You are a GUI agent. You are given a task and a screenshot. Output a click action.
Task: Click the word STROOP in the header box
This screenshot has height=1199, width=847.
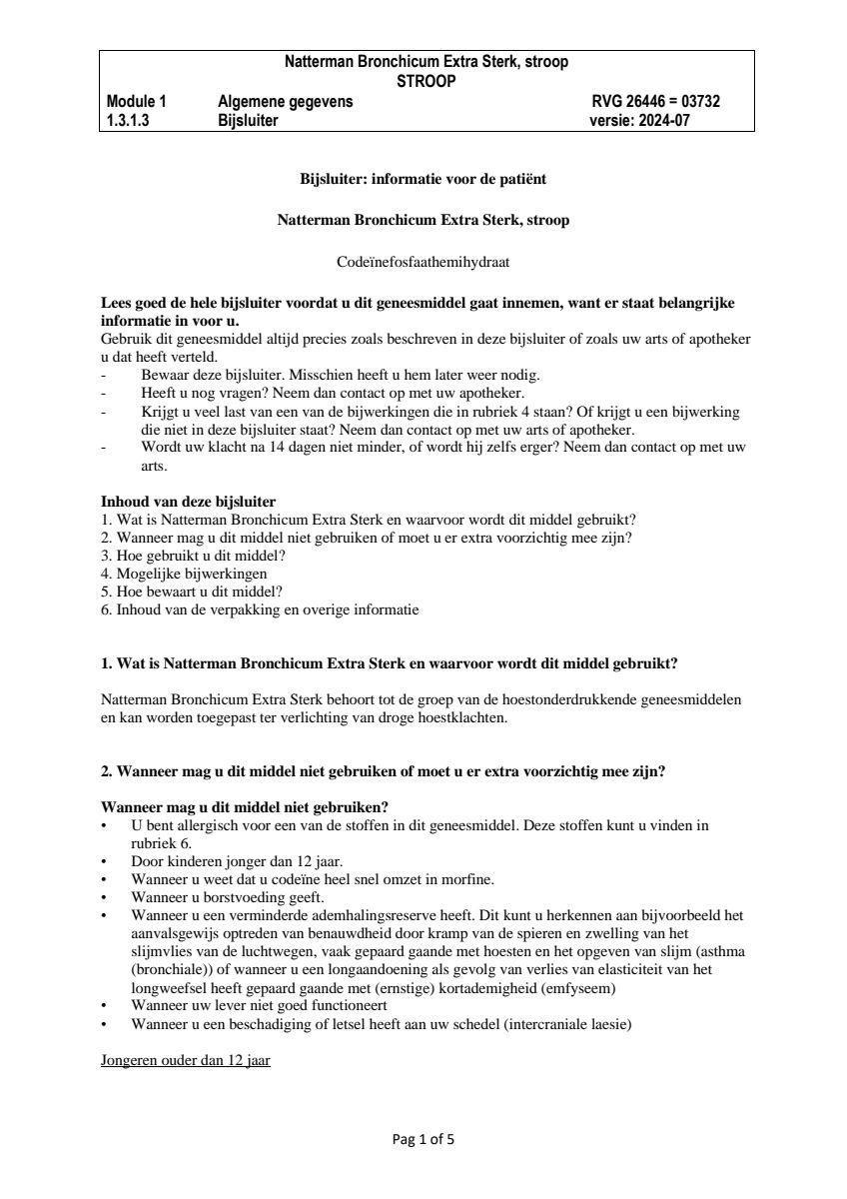[x=426, y=82]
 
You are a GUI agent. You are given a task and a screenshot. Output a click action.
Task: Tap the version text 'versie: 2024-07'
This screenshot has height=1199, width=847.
[x=639, y=121]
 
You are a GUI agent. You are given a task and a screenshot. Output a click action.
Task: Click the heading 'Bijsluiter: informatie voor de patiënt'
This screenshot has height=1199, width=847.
[x=423, y=180]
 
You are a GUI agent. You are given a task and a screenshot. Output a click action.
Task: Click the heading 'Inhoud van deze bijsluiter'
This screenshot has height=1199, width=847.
[x=189, y=501]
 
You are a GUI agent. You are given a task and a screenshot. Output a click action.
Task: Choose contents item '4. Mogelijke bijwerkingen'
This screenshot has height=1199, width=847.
[x=184, y=574]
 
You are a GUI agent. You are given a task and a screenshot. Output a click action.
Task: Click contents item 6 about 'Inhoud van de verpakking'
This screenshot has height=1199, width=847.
[x=260, y=609]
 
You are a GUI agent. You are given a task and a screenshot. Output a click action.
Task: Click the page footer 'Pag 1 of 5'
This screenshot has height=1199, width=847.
[x=423, y=1138]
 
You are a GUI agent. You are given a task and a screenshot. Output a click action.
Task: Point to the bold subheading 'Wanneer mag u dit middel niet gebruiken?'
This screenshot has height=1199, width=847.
[x=245, y=807]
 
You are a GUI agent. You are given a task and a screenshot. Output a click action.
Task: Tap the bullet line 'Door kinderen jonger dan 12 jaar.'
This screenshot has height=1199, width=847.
[x=237, y=861]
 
